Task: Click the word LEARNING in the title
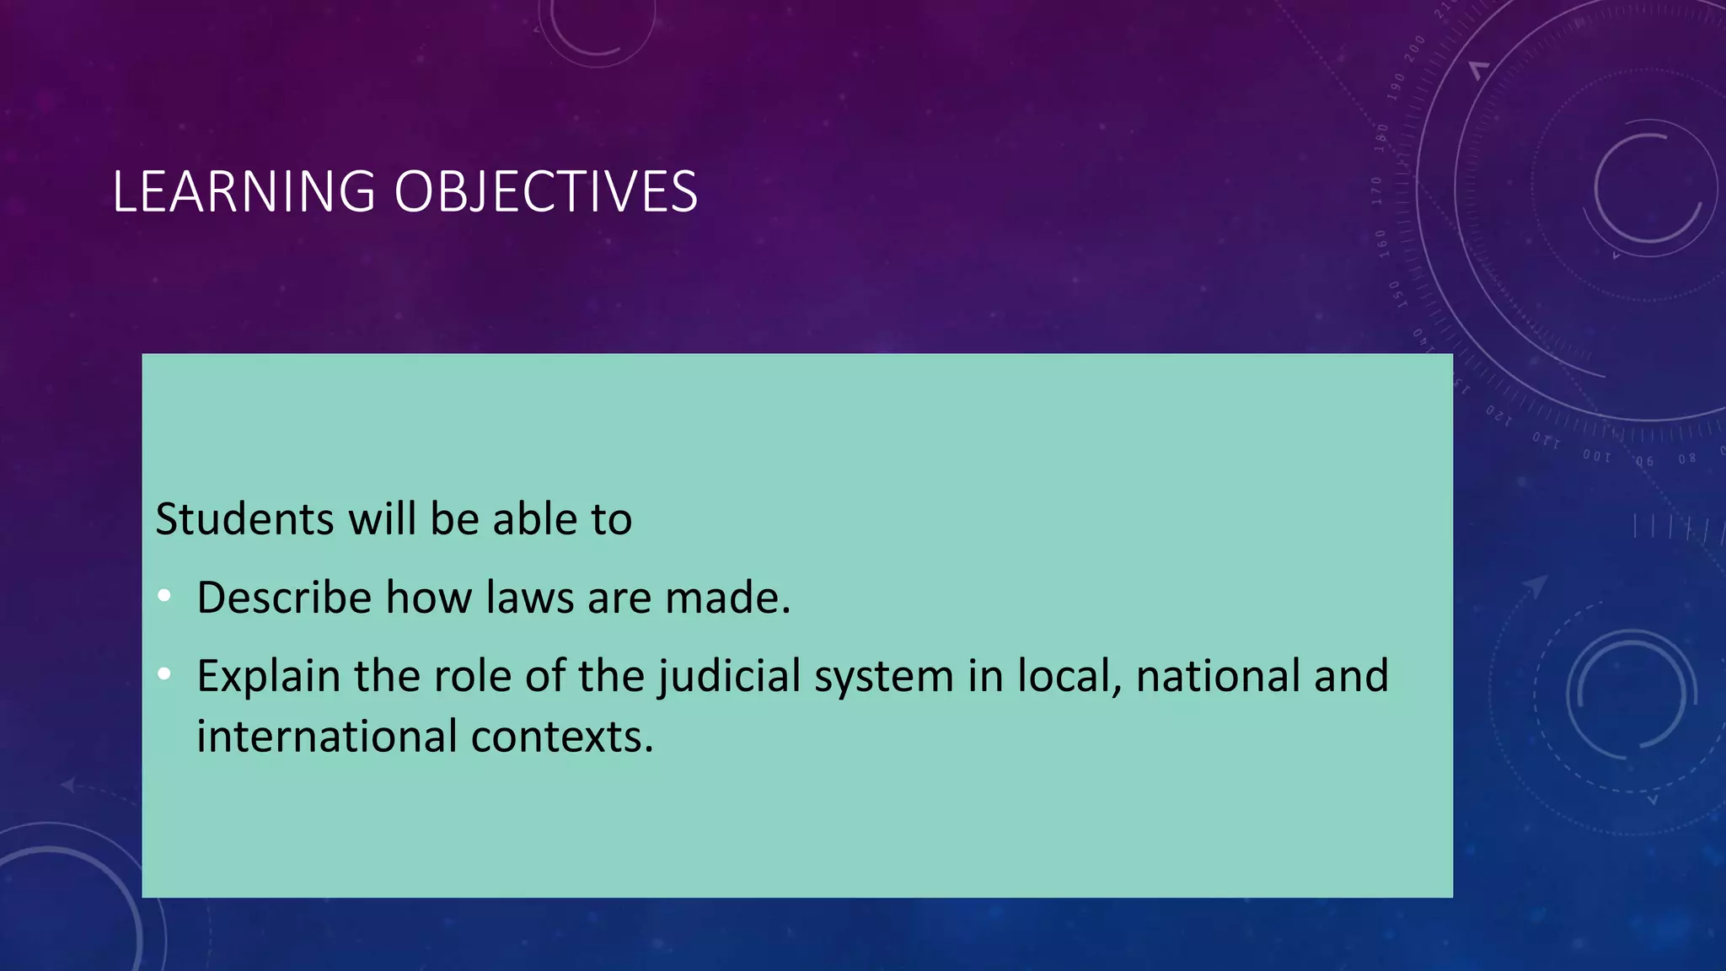244,191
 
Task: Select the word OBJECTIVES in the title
545,191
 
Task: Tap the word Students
245,518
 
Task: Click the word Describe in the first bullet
284,598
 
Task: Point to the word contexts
562,737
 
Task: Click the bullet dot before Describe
164,597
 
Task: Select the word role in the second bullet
472,676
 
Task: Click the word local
1069,676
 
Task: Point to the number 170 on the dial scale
1377,191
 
